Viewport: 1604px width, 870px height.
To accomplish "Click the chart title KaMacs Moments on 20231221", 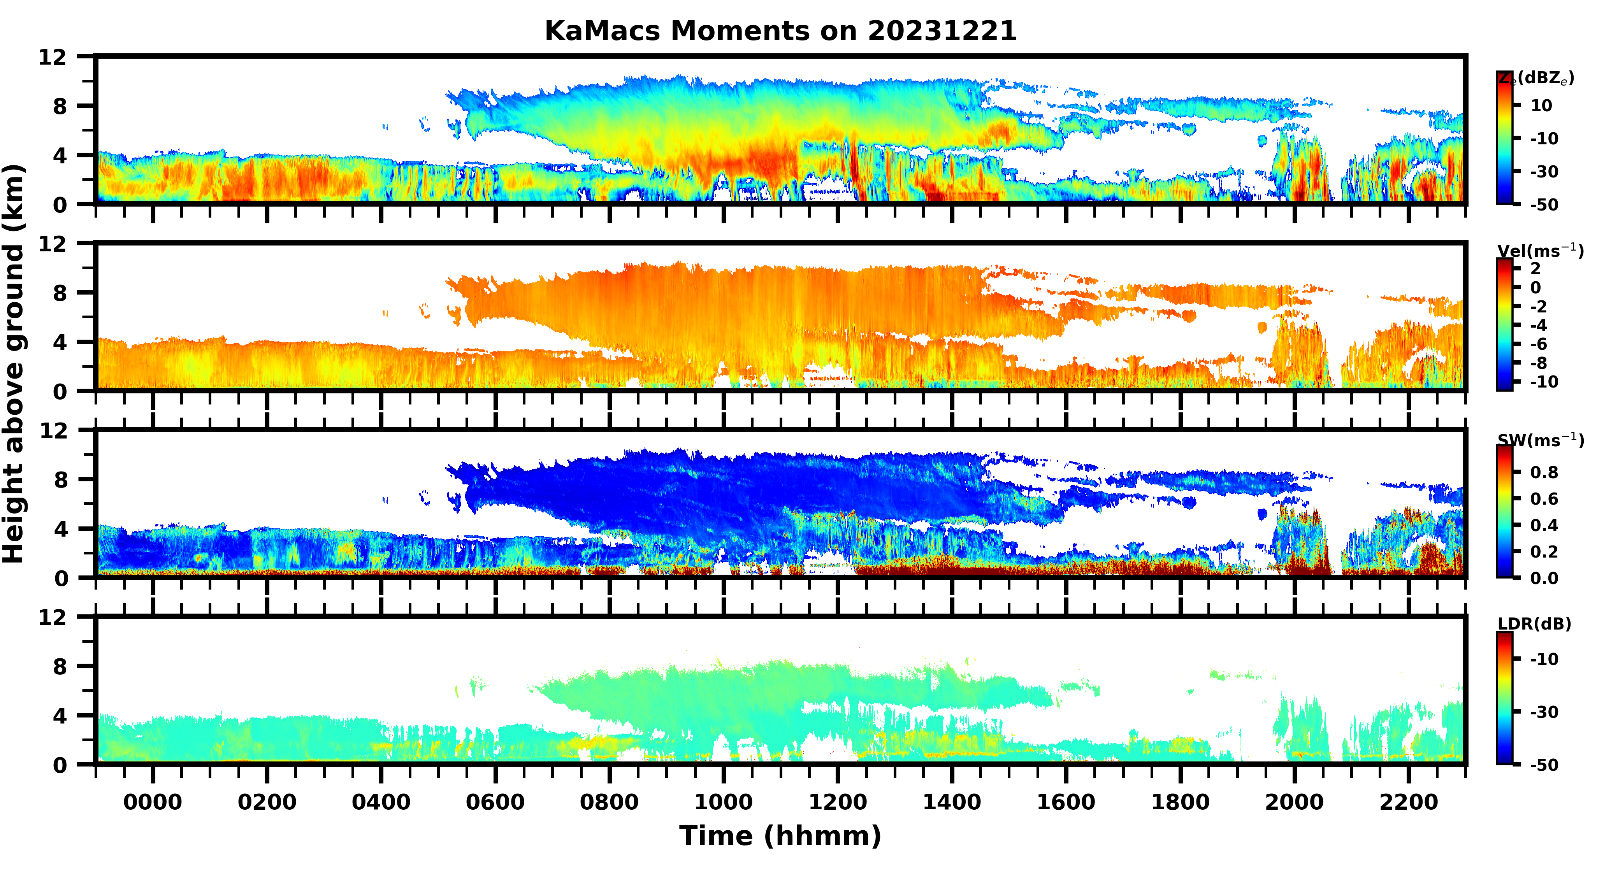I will [780, 31].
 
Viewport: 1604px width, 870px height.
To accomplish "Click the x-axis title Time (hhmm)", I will [780, 836].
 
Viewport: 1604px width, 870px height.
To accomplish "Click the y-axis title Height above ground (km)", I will [14, 364].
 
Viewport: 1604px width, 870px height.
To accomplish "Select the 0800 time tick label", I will [609, 802].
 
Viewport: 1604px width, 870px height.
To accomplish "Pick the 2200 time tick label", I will [1409, 802].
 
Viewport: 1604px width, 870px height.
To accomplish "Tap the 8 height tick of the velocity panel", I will [60, 293].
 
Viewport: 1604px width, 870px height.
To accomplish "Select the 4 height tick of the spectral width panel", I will [60, 530].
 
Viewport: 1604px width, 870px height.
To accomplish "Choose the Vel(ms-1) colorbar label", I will [1540, 251].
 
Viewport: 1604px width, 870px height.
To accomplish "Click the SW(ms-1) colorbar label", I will [1540, 440].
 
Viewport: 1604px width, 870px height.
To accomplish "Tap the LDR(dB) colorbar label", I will [1534, 624].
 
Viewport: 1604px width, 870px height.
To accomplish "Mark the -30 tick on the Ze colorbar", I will [1544, 172].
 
